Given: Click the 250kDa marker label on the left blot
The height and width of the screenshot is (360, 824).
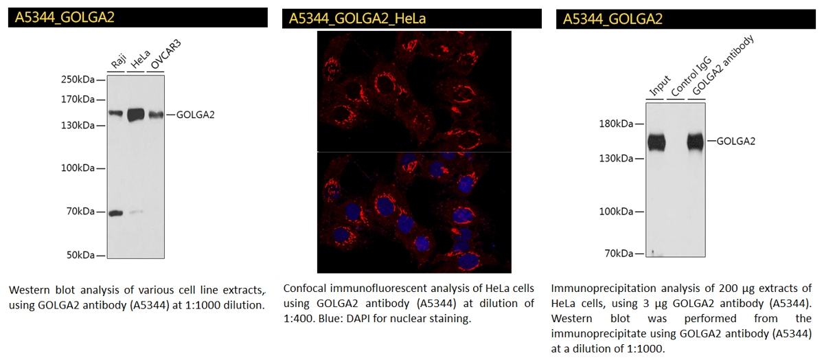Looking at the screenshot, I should (x=77, y=80).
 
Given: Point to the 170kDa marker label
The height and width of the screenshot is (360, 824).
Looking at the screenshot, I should (x=77, y=99).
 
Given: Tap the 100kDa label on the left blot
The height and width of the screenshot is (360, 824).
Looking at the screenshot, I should (x=77, y=168).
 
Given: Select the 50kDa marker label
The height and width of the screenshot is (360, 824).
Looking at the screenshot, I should (x=79, y=256).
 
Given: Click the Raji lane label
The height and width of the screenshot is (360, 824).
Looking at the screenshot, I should (x=118, y=64).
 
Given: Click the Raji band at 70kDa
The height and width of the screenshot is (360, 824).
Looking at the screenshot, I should (x=115, y=213).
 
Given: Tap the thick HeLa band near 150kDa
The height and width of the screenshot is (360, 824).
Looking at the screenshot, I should (x=136, y=114).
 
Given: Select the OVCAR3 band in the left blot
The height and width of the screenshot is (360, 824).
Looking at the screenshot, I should (x=156, y=115).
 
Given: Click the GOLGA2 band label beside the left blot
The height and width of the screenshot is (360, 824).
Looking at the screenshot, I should (x=195, y=115).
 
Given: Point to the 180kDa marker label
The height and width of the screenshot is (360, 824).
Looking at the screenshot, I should (x=616, y=124).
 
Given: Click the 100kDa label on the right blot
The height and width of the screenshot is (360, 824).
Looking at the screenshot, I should (x=616, y=211).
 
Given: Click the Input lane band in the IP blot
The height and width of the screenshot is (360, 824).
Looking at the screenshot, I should (x=656, y=142).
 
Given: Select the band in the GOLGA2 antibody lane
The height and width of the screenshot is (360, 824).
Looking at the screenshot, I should (x=696, y=142).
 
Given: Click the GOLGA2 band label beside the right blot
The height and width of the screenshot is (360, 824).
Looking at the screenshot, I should (x=736, y=142).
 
